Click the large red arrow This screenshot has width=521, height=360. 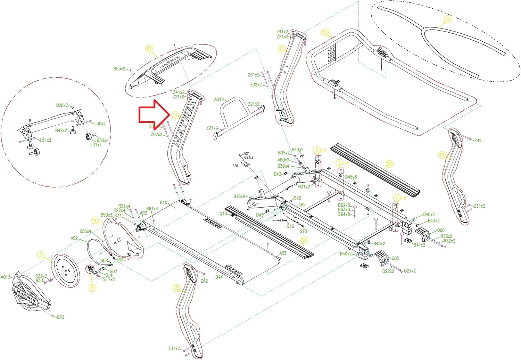coord(153,114)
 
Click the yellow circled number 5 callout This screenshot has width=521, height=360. coord(447,19)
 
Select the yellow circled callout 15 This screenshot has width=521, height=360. coord(324,32)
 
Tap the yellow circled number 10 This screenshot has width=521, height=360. coord(149,49)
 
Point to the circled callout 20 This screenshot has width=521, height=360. coord(389,164)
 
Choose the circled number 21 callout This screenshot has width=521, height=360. coord(304,241)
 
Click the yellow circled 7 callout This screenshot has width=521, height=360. coord(41,256)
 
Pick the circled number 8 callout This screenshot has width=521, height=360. coord(92,287)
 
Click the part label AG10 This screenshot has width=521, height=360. coord(219,100)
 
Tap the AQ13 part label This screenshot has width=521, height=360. coord(6,277)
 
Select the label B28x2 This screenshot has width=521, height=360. coord(62,106)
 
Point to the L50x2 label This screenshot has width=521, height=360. coord(100,124)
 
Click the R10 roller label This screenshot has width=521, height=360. coord(164,202)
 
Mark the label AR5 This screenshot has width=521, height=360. coord(283,253)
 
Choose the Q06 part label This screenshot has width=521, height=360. coord(440,231)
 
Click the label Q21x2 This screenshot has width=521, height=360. coord(410,271)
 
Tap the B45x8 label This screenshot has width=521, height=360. coord(351,177)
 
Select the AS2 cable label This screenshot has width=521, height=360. coord(74,238)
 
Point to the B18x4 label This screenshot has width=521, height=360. coord(239,196)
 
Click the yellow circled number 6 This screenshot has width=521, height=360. coord(95,220)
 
